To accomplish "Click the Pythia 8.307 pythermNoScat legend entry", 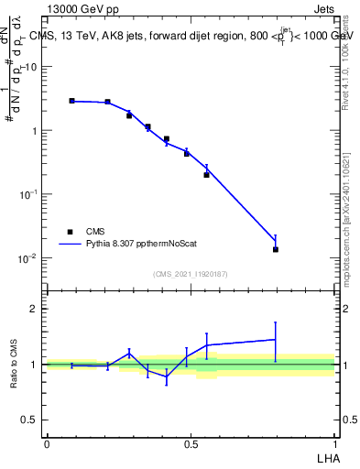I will [136, 245].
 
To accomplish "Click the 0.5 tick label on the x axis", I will [191, 444].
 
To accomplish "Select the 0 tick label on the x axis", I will [47, 444].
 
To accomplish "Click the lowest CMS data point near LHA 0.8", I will [276, 249].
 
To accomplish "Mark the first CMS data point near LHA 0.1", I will [72, 101].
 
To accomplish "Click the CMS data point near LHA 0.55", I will [207, 174].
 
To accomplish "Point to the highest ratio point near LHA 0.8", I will [276, 339].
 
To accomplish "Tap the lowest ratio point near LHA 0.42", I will [167, 376].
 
